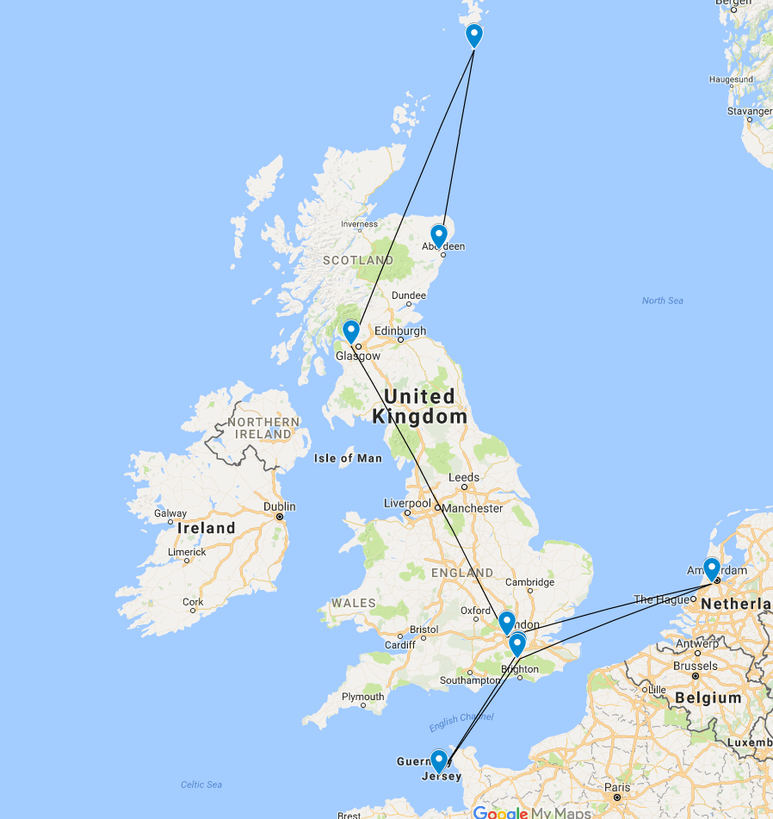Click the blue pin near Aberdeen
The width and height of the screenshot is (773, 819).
tap(439, 233)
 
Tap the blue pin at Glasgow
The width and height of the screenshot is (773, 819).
tap(350, 330)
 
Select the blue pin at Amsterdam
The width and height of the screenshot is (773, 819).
tap(711, 568)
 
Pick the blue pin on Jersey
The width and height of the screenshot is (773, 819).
tap(439, 760)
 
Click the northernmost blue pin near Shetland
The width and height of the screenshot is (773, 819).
tap(474, 34)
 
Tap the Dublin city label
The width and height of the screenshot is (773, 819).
tap(280, 506)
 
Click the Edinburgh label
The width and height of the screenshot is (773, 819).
tap(400, 331)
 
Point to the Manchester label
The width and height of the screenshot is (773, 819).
tap(472, 508)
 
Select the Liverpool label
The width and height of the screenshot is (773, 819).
tap(407, 503)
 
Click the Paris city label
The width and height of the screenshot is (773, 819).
tap(615, 787)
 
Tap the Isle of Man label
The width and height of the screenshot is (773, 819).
tap(348, 458)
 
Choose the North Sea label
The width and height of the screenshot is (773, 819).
tap(662, 301)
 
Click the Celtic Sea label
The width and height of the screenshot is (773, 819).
tap(201, 785)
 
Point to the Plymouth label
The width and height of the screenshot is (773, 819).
tap(362, 697)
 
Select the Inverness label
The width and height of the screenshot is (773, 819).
tap(359, 225)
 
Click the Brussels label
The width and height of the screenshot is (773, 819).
tap(696, 666)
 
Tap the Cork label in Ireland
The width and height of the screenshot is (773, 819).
tap(193, 602)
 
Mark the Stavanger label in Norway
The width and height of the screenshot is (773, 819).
tap(749, 111)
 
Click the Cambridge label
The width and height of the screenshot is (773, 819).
tap(529, 582)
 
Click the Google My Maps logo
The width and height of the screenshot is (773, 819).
tap(531, 812)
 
